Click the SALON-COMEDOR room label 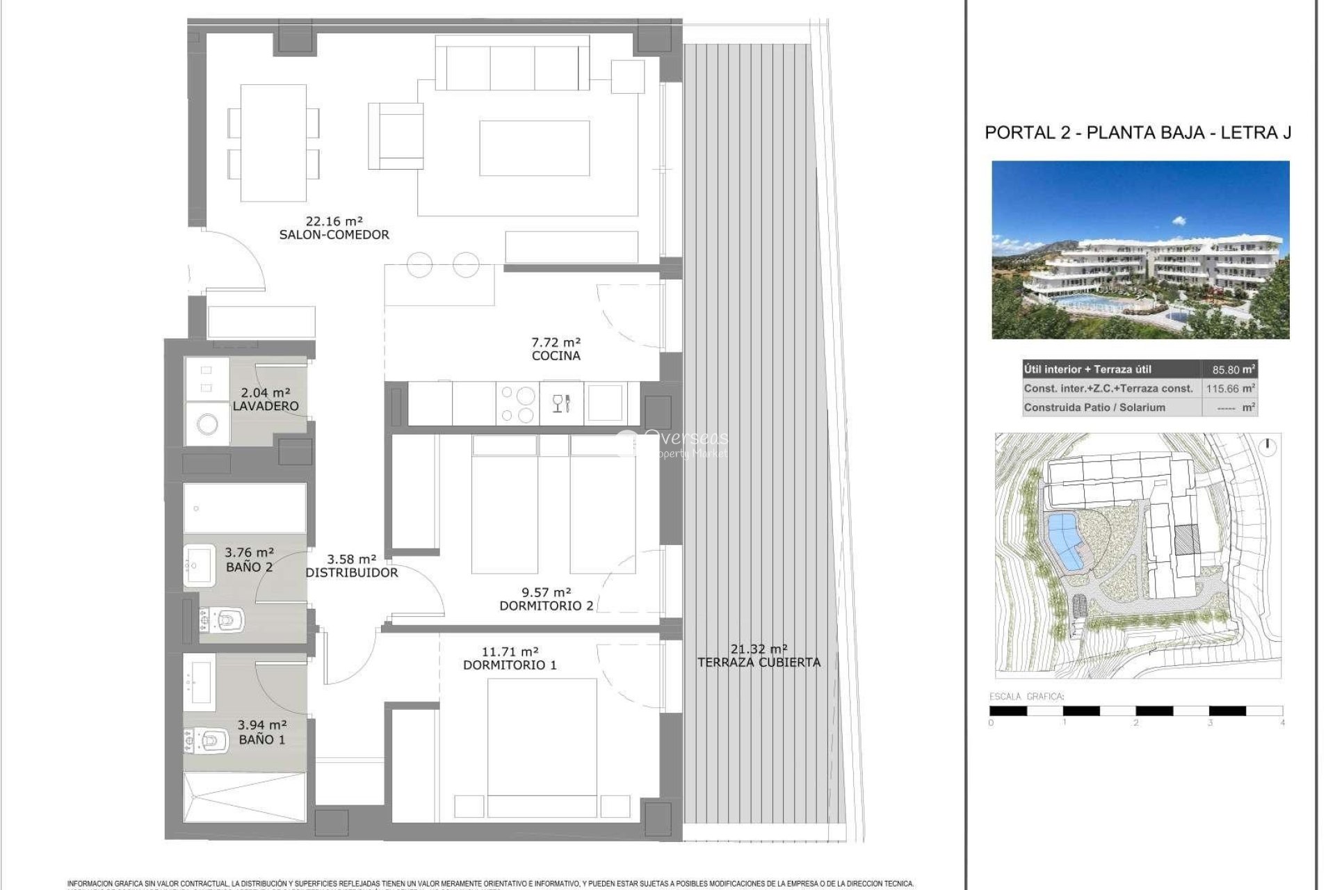point(334,235)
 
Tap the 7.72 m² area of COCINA point(556,342)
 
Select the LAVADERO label point(265,406)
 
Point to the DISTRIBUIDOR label point(352,573)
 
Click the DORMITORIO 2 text point(547,606)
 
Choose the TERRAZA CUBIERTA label point(759,663)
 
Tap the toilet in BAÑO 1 point(209,741)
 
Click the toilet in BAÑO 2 point(223,619)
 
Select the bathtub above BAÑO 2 point(245,508)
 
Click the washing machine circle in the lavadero point(207,423)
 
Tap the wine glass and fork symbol point(561,403)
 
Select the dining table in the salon point(273,143)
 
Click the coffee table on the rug point(534,148)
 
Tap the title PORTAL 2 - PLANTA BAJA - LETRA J point(1138,133)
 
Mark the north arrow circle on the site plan point(1268,447)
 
